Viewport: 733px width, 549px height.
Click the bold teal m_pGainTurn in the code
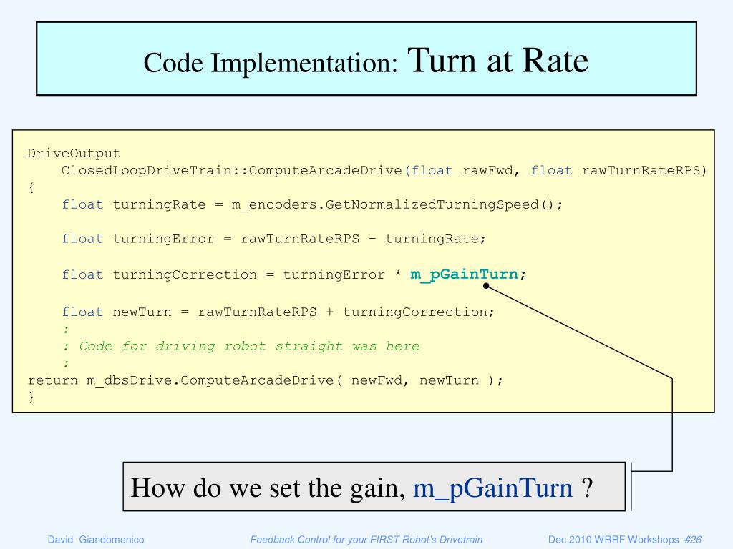click(x=465, y=274)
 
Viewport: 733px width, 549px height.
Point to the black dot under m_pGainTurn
click(x=486, y=286)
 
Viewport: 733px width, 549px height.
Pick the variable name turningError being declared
click(x=163, y=239)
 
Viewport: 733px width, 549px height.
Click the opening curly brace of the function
click(x=31, y=187)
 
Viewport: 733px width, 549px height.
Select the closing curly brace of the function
click(x=31, y=398)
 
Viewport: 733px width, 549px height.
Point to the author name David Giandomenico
click(x=96, y=540)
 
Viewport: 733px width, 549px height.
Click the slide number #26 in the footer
click(x=693, y=540)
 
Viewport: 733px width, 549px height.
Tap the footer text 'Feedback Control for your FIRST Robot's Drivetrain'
click(x=366, y=540)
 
